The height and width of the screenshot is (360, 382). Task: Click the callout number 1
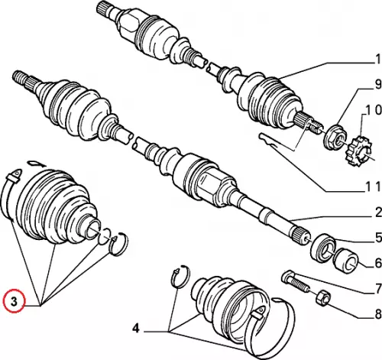(x=378, y=59)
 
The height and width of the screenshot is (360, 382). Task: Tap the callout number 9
(x=378, y=84)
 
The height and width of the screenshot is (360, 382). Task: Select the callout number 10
(x=374, y=109)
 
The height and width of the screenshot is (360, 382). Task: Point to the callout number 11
(x=374, y=186)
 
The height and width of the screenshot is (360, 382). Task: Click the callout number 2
(x=378, y=212)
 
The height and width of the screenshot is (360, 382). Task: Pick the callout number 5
(x=378, y=238)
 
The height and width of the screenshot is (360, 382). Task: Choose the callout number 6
(x=378, y=264)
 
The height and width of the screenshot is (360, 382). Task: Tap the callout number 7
(x=378, y=289)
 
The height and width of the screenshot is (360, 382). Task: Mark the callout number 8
(x=378, y=314)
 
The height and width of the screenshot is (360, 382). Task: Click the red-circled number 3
(x=14, y=302)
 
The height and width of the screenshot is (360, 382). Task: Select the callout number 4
(x=136, y=329)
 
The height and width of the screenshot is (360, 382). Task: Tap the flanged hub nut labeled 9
(x=335, y=137)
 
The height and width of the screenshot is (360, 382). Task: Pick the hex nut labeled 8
(x=323, y=298)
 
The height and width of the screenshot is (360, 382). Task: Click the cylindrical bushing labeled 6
(x=346, y=261)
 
